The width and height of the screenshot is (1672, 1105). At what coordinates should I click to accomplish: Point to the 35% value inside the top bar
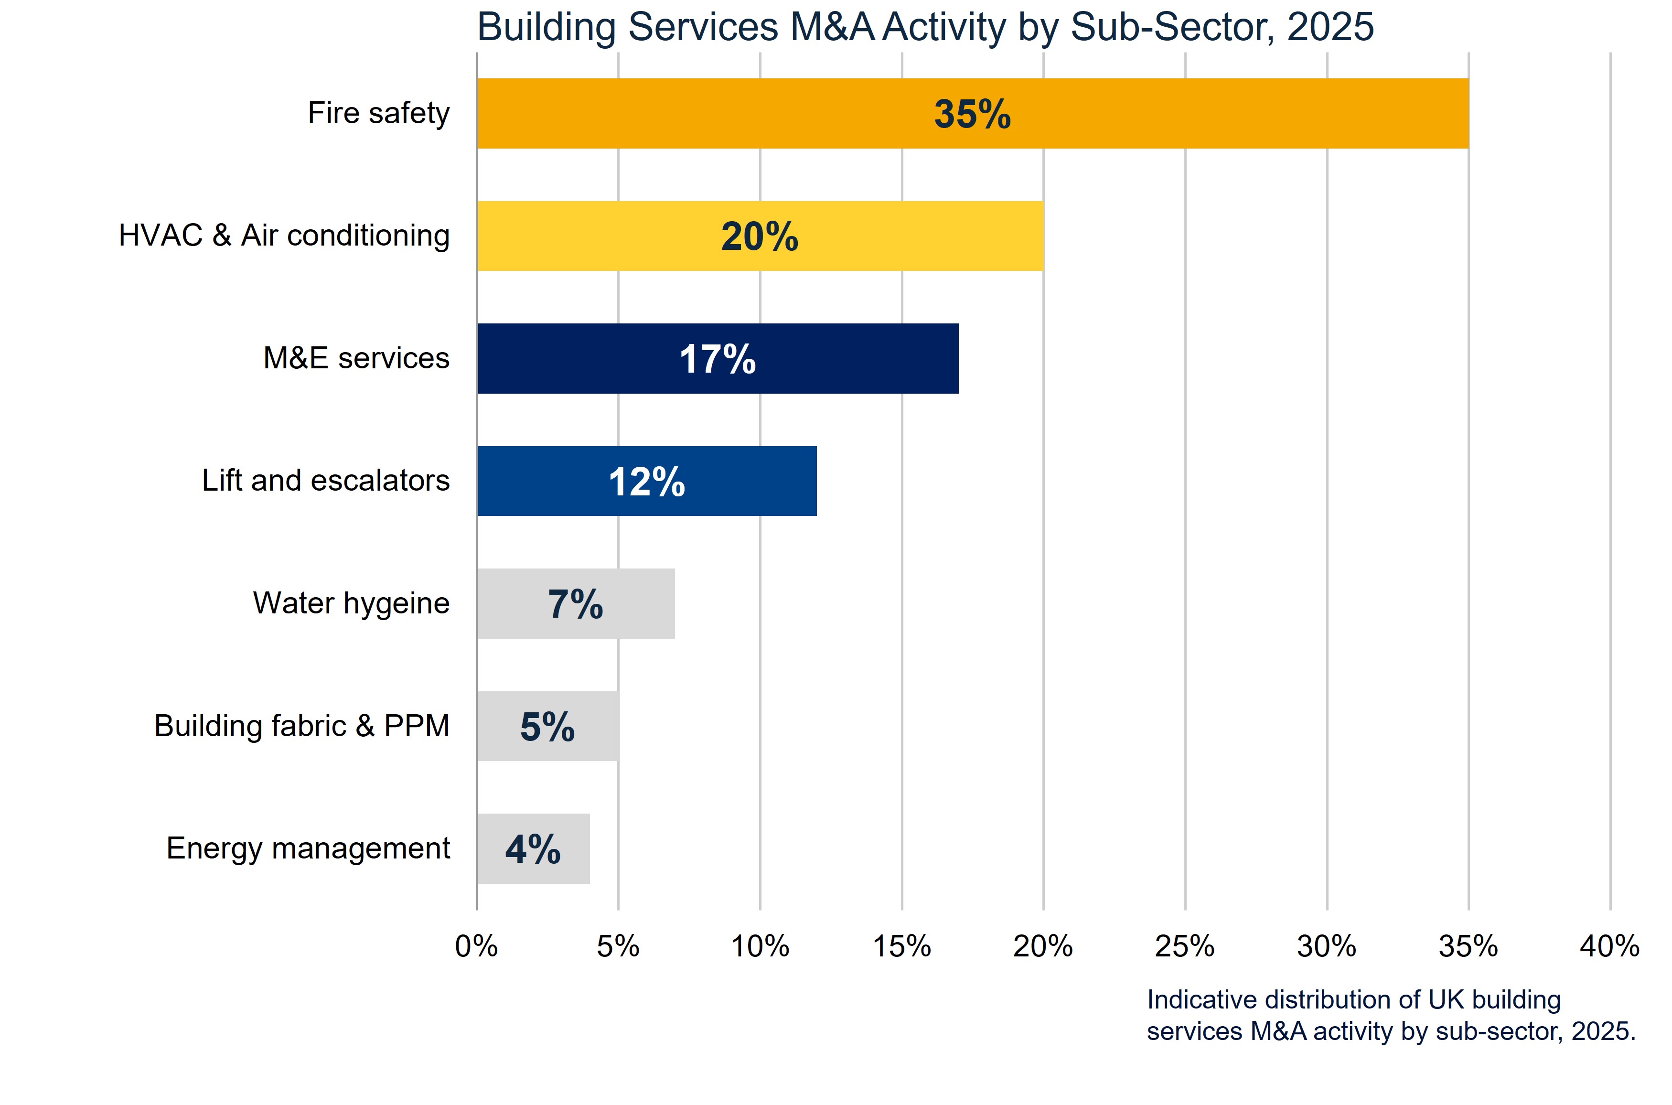pos(972,114)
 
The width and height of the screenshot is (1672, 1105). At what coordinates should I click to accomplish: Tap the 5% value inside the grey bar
pos(547,727)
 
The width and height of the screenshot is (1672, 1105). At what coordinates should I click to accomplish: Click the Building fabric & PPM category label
pos(301,726)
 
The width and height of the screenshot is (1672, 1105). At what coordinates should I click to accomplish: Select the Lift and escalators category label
pos(325,481)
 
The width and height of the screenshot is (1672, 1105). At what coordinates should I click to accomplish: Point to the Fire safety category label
pos(378,113)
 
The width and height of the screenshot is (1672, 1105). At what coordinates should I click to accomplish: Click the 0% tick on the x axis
pos(476,946)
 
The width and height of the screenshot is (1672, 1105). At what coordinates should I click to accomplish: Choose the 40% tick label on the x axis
pos(1609,946)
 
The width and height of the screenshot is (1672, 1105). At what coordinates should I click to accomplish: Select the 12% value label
pos(646,482)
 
